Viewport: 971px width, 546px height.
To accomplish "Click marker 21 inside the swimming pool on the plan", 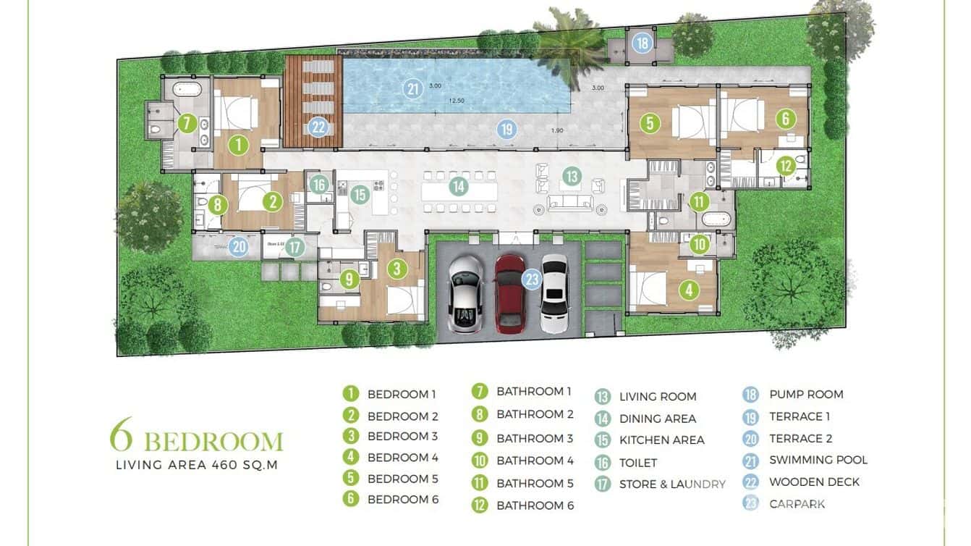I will click(413, 90).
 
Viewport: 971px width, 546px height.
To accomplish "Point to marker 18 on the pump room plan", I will click(642, 43).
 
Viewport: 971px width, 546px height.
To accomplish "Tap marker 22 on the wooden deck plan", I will click(318, 128).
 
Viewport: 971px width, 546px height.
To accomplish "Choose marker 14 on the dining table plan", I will click(457, 186).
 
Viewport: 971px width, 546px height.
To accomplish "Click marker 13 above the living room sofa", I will click(571, 176).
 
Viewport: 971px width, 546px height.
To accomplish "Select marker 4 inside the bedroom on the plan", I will click(689, 290).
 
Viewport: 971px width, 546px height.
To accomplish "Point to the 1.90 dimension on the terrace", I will click(557, 130).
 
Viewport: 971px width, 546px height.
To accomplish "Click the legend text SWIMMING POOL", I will click(818, 460).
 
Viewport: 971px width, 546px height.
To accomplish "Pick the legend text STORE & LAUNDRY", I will click(672, 484).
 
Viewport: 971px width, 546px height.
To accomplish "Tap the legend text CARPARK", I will click(797, 504).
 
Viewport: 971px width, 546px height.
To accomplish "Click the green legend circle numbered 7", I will click(479, 392).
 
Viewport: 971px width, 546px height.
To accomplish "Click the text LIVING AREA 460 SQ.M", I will click(197, 465).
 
